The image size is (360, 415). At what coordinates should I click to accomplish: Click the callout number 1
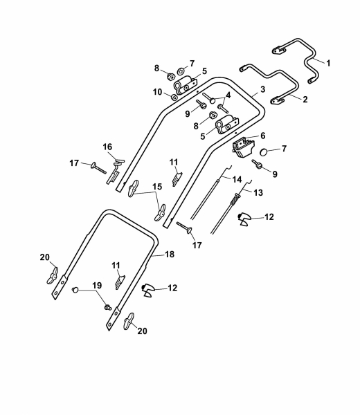click(328, 63)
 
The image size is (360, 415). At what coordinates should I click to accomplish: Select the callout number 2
click(305, 100)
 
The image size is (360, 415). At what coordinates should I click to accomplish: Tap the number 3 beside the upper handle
click(262, 89)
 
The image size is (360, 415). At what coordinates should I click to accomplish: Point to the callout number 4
click(228, 95)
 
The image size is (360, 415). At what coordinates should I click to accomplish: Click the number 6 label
click(263, 136)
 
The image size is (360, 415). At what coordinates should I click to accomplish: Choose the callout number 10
click(157, 92)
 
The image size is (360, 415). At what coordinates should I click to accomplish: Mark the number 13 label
click(258, 192)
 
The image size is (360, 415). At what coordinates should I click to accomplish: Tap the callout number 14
click(237, 179)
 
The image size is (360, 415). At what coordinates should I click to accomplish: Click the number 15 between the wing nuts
click(157, 187)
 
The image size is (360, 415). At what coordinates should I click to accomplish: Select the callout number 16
click(107, 147)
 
